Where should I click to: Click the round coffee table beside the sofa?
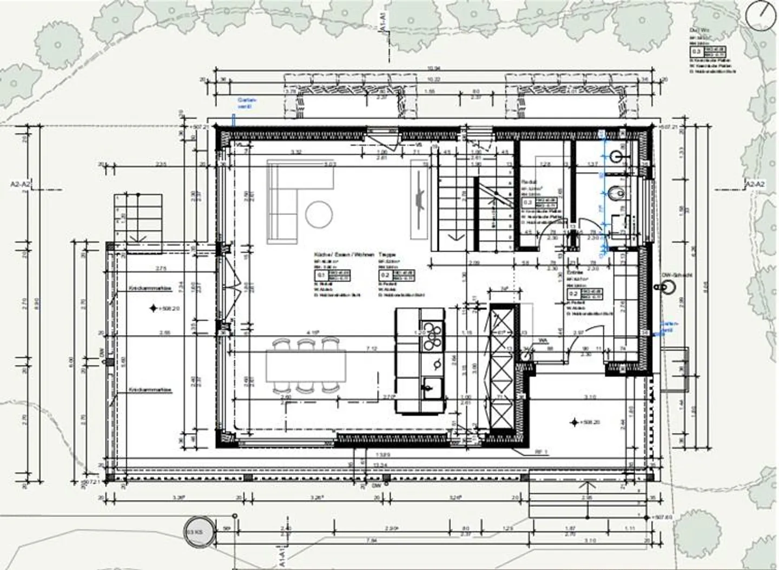coord(319,214)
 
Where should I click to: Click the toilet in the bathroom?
coord(615,193)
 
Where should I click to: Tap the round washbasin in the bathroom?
coord(616,156)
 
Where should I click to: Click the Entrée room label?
coord(575,273)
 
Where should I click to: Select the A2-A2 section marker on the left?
coord(21,185)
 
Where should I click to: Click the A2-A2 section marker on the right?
coord(755,185)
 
